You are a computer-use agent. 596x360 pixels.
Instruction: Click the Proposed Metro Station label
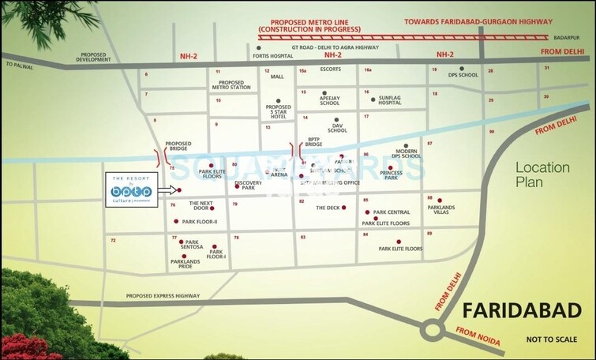231,84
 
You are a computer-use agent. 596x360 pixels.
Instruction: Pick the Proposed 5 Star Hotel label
279,111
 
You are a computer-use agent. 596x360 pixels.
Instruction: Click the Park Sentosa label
191,245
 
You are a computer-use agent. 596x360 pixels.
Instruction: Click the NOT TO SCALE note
553,341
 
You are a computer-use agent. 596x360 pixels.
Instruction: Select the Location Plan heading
542,174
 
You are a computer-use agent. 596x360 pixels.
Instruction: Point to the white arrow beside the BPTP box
167,190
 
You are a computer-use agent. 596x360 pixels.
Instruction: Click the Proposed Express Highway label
162,296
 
